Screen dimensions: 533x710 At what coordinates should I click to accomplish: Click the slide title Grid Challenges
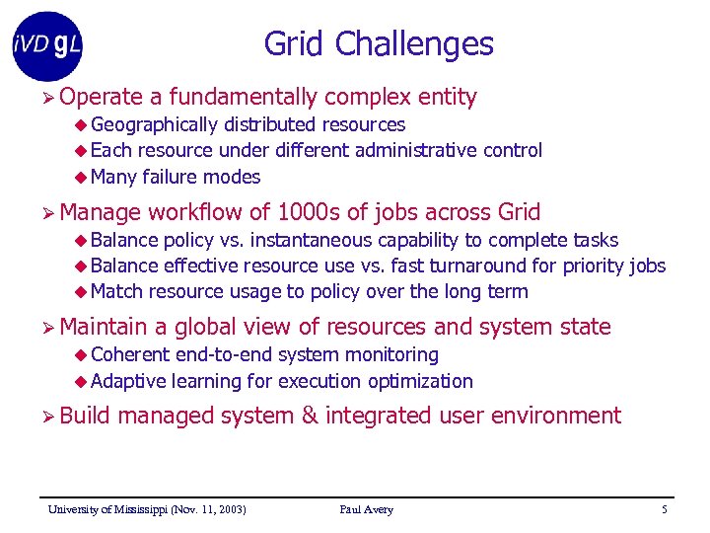[x=379, y=44]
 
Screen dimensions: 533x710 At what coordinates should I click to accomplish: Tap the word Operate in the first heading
[x=101, y=97]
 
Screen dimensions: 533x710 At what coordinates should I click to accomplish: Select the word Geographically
[x=154, y=124]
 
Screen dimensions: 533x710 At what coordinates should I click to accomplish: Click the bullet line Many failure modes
[x=175, y=177]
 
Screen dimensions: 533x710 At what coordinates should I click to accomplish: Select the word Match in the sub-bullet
[x=116, y=291]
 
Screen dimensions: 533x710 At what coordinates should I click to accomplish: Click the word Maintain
[x=103, y=327]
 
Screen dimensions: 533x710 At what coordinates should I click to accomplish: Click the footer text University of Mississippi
[x=147, y=509]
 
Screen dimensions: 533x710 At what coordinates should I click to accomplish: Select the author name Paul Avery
[x=366, y=509]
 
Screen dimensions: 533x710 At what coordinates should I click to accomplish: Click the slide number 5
[x=664, y=509]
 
